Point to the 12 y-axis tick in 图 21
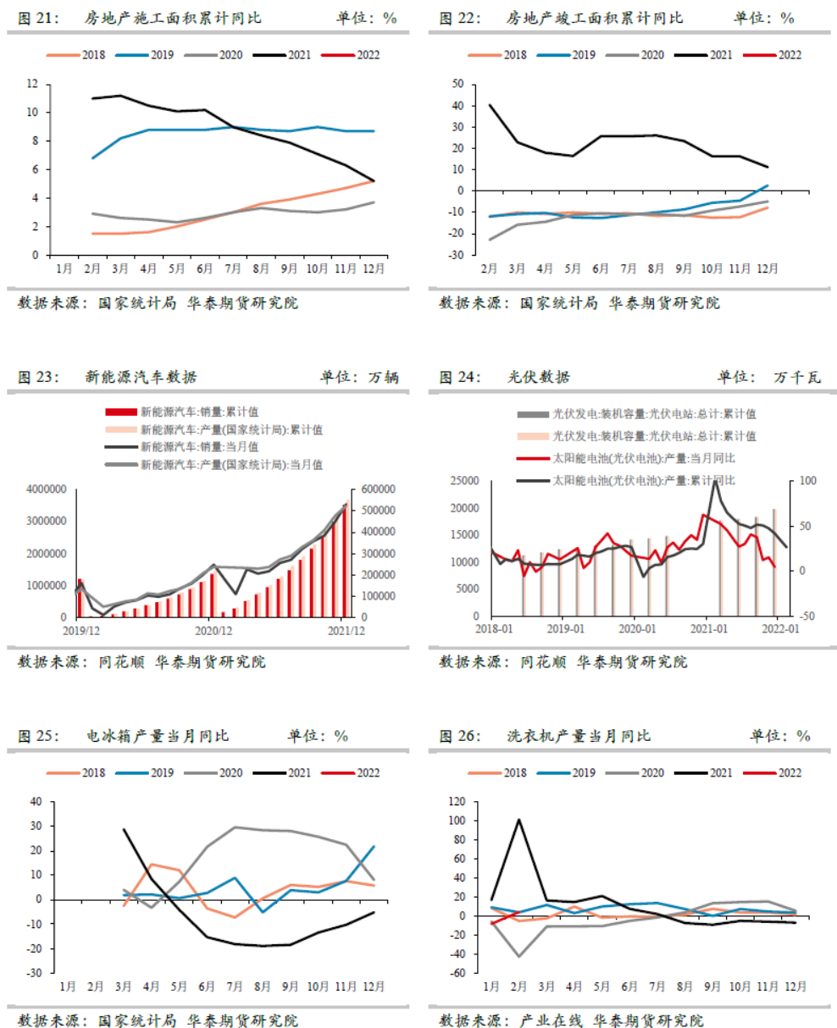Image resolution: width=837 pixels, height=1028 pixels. pos(33,84)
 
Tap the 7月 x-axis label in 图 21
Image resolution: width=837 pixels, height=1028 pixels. pos(233,268)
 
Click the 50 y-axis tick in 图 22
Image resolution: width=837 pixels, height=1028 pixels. pos(458,84)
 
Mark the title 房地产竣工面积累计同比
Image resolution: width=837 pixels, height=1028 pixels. pos(594,18)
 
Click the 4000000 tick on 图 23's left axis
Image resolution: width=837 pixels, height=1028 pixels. pos(47,489)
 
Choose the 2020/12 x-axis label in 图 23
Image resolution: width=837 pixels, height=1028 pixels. pos(213,631)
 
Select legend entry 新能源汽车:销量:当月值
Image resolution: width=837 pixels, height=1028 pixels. pos(199,447)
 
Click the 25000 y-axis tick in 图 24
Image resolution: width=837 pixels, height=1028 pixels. pos(465,481)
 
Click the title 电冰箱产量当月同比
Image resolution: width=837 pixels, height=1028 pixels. pos(158,736)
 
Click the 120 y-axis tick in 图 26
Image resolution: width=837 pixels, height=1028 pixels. pos(457,801)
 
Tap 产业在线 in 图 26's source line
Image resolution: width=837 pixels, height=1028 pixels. pos(551,1020)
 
